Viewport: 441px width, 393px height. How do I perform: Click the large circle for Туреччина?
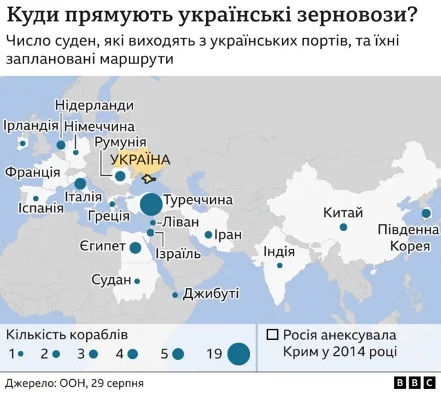coord(150,204)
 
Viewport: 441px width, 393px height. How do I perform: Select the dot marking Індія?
coord(280,265)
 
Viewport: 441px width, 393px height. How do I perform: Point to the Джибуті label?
coord(210,294)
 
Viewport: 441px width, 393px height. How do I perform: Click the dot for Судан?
coord(137,281)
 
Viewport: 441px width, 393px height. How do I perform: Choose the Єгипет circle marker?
coord(136,248)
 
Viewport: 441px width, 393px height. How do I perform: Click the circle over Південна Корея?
coord(426,214)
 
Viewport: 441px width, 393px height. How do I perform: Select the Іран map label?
coord(228,235)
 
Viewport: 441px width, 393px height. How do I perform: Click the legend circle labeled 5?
coord(178,354)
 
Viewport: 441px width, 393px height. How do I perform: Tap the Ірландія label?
coord(30,125)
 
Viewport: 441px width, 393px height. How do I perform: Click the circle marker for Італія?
coord(81,183)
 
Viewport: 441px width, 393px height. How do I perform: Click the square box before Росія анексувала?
coord(272,335)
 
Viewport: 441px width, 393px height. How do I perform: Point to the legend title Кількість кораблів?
coord(67,335)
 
